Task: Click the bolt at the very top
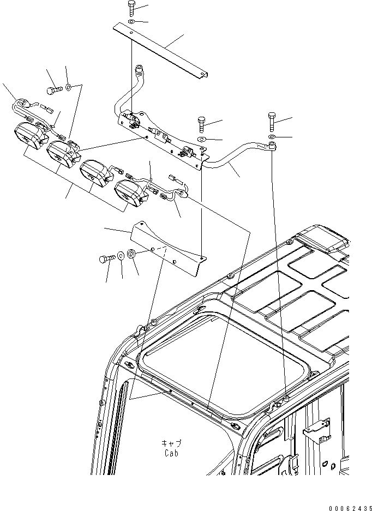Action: (x=133, y=8)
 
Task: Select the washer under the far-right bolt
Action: (x=272, y=136)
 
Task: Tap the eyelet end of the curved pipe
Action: (x=271, y=145)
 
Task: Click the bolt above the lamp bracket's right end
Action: (x=201, y=124)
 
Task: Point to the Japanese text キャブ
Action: (x=171, y=443)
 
